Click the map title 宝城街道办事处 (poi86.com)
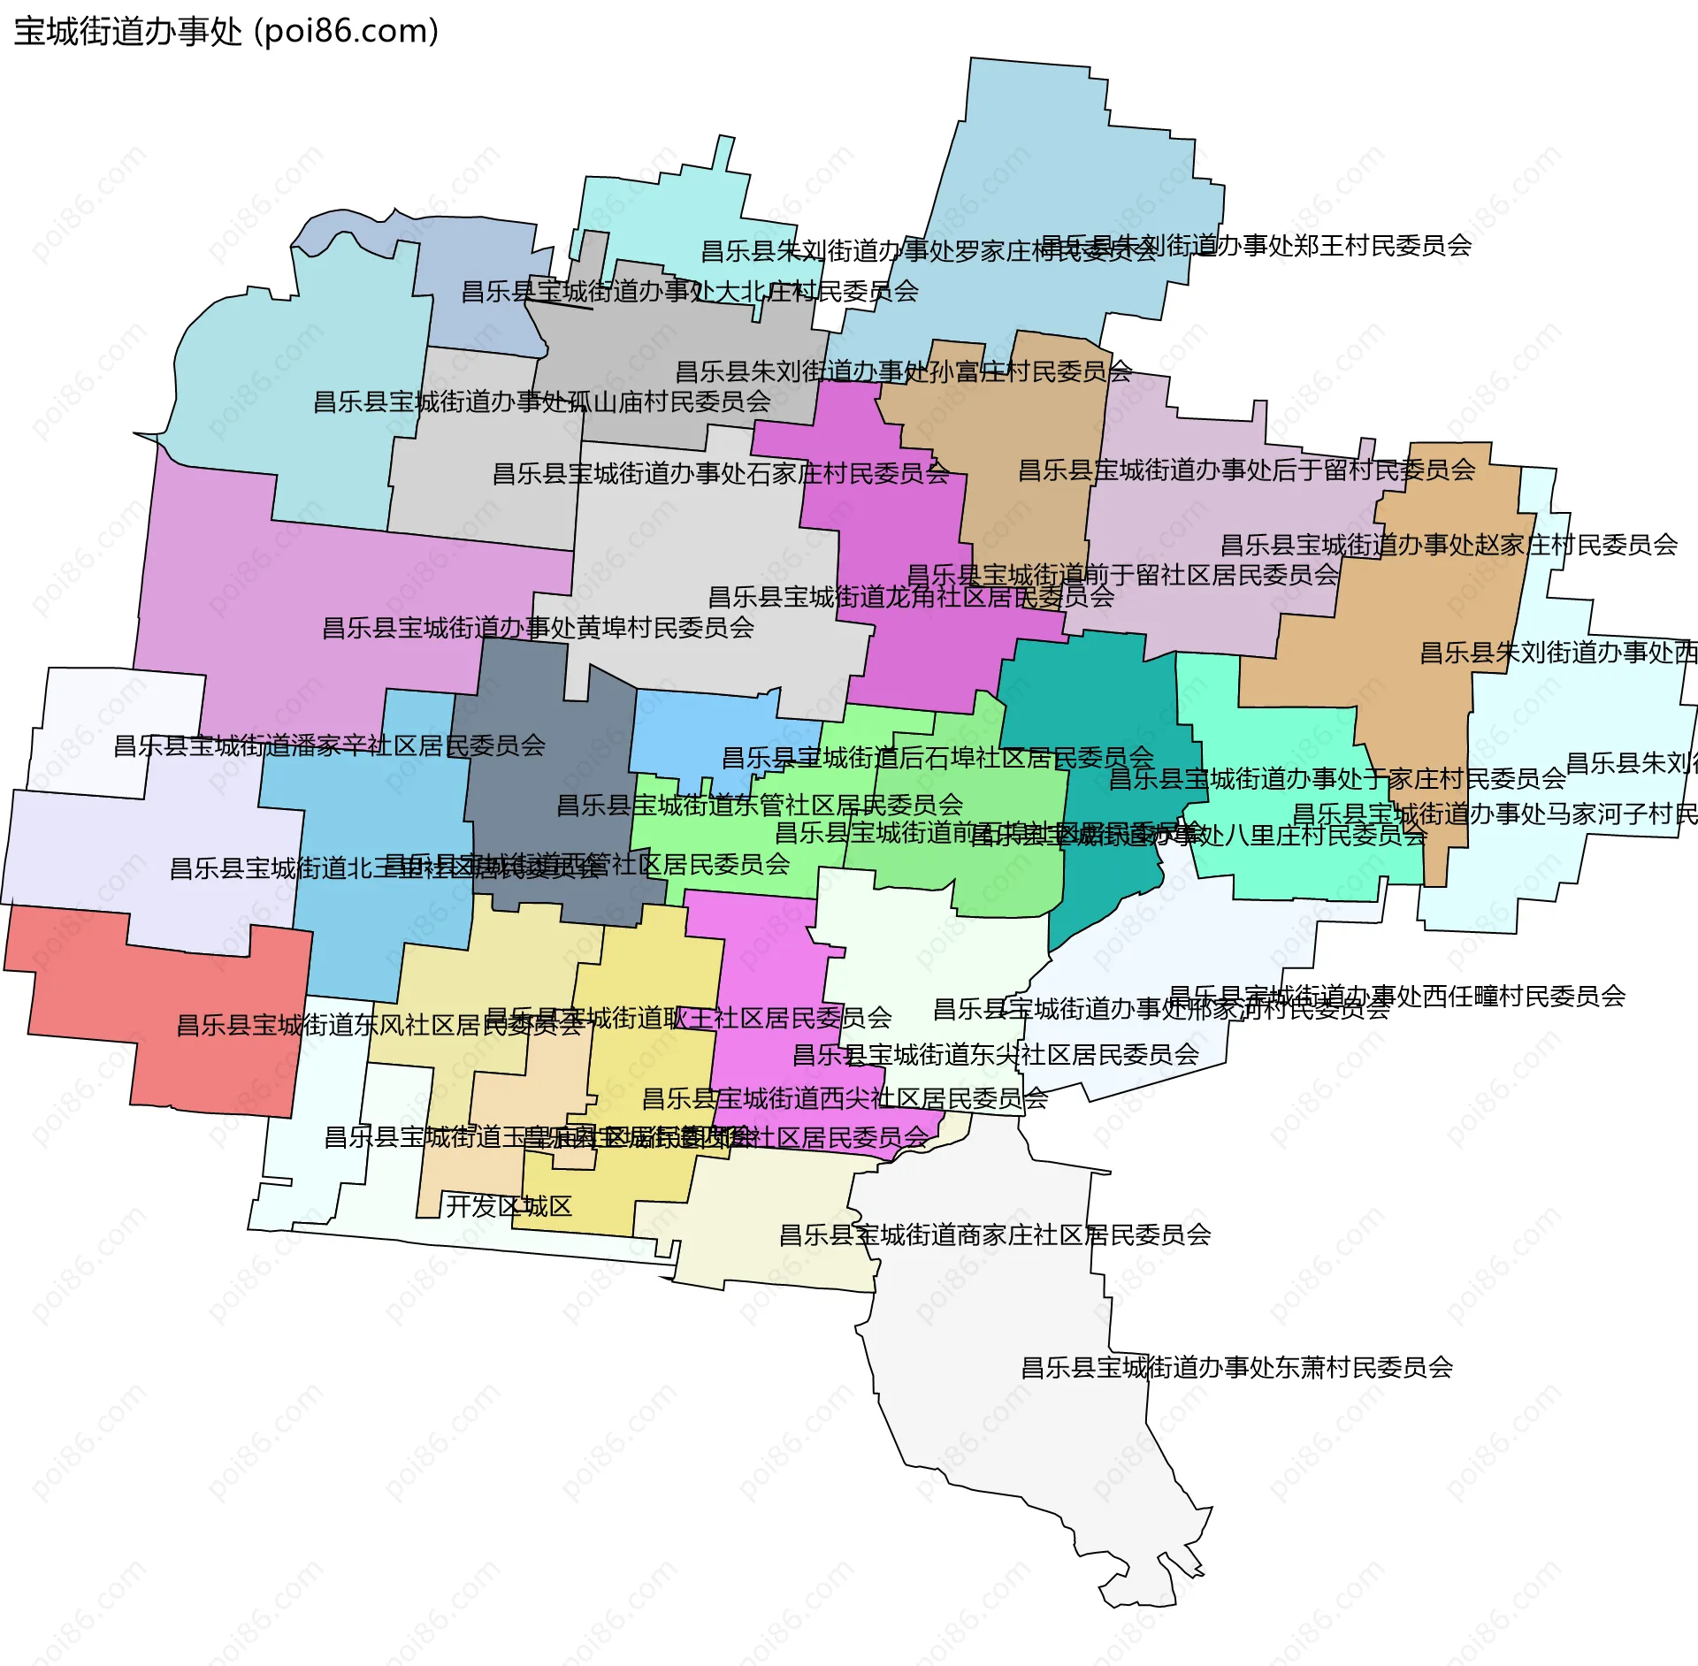coord(226,32)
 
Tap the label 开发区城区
coord(509,1206)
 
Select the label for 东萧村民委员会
coord(1237,1368)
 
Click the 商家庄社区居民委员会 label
coord(995,1234)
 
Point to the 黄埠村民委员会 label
coord(538,628)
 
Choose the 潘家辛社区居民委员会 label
coord(329,745)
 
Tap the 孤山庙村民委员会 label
coord(542,401)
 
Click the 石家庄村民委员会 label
coord(721,473)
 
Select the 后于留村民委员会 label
coord(1247,470)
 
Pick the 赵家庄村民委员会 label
coord(1449,545)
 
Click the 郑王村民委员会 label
coord(1256,245)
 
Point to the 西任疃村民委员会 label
coord(1397,996)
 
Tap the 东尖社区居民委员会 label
coord(996,1054)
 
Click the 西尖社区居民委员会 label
coord(845,1098)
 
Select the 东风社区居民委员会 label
coord(380,1025)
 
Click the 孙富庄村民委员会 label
coord(904,371)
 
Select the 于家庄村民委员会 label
coord(1337,778)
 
